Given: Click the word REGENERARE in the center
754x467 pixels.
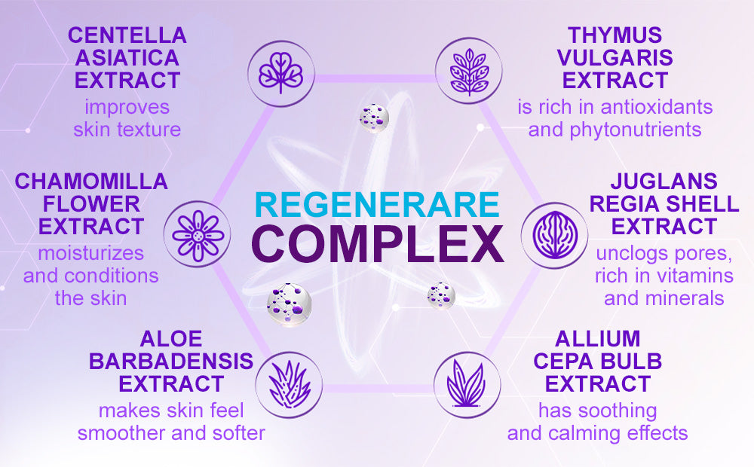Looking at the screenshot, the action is (377, 204).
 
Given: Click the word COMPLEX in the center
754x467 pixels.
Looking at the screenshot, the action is (378, 243).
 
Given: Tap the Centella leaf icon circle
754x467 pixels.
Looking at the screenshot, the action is (280, 73).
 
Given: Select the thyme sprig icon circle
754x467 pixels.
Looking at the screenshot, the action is (469, 71).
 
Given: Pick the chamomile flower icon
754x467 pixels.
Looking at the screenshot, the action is (197, 234).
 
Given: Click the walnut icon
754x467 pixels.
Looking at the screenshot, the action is (554, 236).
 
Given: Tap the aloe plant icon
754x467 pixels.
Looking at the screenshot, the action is (289, 385).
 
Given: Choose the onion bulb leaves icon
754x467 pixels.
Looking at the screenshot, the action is (467, 384).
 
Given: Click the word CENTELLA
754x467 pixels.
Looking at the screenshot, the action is (127, 35).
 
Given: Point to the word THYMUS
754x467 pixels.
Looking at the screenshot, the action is (615, 35).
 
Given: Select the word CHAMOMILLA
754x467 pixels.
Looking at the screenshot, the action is (91, 181).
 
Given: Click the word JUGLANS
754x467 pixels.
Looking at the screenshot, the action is (664, 181).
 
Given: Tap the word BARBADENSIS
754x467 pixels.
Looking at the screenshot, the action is (171, 362).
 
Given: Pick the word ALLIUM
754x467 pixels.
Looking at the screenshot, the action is (598, 339).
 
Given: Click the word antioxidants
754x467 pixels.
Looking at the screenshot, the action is (657, 107).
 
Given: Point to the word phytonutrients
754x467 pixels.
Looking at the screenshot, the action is (635, 130).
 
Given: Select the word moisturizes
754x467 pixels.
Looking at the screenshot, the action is (91, 253).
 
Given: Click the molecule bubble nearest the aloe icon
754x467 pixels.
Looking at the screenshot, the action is (290, 305).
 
